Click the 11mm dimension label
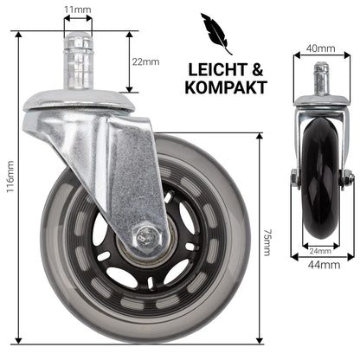click(x=78, y=10)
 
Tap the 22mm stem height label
click(x=145, y=61)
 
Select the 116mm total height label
click(x=10, y=177)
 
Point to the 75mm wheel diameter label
click(x=267, y=242)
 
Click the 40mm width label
click(x=321, y=48)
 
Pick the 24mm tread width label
click(x=320, y=251)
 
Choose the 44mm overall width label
click(x=324, y=265)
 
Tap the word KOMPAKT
click(x=226, y=87)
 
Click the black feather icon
click(x=215, y=33)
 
